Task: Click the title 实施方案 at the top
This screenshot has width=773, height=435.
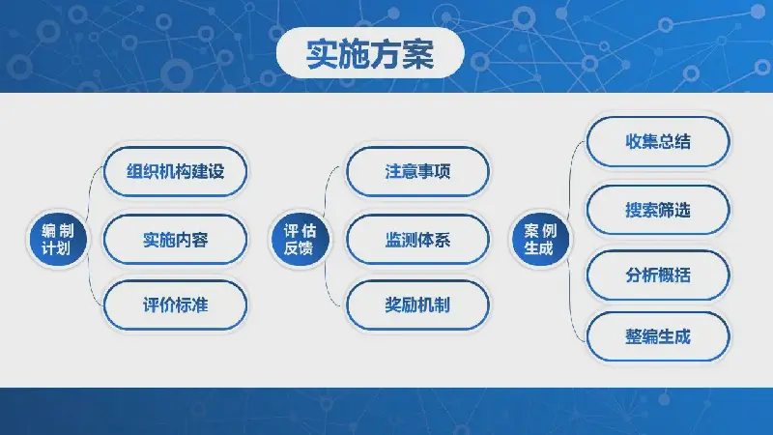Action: click(370, 53)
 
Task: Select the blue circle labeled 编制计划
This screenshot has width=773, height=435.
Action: click(58, 239)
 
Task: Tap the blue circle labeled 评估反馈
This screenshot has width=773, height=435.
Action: click(300, 239)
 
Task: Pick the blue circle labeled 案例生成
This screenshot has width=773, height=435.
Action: click(540, 239)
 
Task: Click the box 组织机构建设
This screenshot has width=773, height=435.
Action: click(176, 172)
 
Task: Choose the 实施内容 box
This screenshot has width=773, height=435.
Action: click(176, 240)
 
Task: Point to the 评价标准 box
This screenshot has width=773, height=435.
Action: click(176, 304)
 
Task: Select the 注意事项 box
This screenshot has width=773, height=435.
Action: click(417, 172)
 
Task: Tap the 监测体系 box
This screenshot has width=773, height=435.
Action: click(417, 240)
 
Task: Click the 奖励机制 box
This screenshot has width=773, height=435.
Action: click(417, 304)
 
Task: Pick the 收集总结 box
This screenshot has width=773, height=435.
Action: click(658, 141)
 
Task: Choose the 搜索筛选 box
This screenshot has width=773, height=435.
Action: click(658, 210)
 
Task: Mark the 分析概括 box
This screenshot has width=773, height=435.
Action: click(658, 275)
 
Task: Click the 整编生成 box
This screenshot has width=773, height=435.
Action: click(658, 336)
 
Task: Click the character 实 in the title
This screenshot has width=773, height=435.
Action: click(322, 53)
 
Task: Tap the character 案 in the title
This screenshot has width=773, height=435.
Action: click(418, 53)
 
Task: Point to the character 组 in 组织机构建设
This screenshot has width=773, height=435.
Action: click(134, 172)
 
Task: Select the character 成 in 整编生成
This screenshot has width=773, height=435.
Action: click(682, 336)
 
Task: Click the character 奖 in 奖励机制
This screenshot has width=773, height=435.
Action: click(393, 304)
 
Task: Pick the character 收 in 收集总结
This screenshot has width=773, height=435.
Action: click(634, 141)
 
